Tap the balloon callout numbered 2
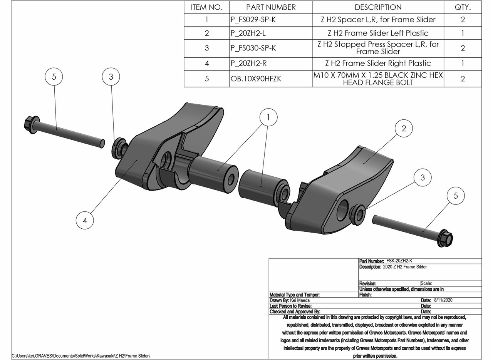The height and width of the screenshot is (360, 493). (x=404, y=129)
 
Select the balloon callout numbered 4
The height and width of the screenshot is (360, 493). (x=85, y=220)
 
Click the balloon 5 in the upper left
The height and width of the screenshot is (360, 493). (x=54, y=77)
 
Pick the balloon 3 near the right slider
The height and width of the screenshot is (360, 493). (x=423, y=177)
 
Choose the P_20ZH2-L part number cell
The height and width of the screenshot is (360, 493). (x=248, y=33)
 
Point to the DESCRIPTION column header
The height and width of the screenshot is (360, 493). (x=377, y=7)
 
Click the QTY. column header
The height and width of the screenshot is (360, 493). (x=463, y=7)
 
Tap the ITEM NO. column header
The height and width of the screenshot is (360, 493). (x=206, y=7)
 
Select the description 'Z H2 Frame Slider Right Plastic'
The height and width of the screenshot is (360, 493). (x=377, y=64)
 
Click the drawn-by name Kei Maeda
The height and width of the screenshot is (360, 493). (x=302, y=300)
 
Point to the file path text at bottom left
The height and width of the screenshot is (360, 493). (x=80, y=355)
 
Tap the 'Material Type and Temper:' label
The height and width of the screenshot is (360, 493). (x=295, y=295)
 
